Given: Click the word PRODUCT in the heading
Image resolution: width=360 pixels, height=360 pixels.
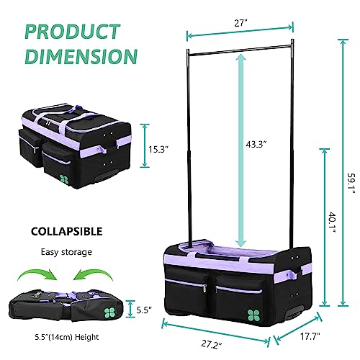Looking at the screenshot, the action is pos(73,32).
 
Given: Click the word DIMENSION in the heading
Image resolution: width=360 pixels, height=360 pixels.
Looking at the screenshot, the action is pos(81,56).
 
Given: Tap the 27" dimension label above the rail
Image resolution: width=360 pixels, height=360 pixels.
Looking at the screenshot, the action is pos(240,23).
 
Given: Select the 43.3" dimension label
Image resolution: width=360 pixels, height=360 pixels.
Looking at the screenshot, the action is pos(256,145).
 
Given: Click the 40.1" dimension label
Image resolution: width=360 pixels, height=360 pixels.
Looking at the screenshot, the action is pos(332,222).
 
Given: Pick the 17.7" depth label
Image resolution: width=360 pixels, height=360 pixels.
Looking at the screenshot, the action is pos(310,336).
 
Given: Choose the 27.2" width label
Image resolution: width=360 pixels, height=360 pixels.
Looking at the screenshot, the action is pos(211,345).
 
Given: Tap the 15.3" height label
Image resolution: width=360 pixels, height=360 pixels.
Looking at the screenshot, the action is pos(158,150).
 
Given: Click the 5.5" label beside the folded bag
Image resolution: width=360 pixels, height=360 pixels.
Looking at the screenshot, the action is pos(144,310).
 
